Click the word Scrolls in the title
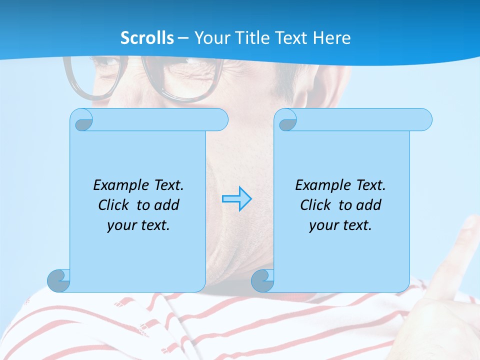point(147,38)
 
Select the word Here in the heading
point(332,38)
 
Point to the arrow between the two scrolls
point(237,199)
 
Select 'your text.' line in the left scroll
point(138,225)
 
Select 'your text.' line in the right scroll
point(340,225)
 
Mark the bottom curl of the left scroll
point(58,280)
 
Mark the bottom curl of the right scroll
point(262,280)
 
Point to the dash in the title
point(183,38)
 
